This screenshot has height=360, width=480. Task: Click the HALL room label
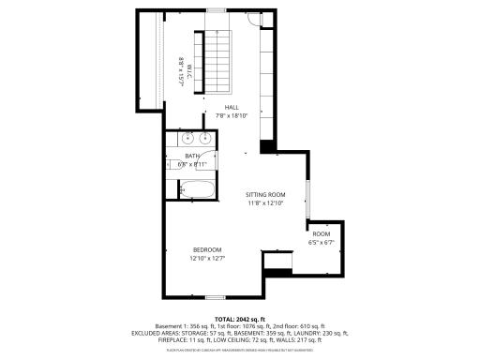pos(230,108)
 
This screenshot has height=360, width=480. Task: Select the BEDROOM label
pos(207,248)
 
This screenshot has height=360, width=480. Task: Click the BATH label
pos(191,156)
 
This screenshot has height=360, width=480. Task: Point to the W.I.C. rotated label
pos(187,67)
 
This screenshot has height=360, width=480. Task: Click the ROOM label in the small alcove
pos(322,233)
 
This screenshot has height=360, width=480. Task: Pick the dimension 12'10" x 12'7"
pos(207,258)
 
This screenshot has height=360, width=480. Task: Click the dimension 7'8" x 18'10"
pos(230,116)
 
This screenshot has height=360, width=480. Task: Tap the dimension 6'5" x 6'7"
pos(322,242)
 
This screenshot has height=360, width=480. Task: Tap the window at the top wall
pos(217,10)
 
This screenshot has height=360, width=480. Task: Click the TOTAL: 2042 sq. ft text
pos(240,319)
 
